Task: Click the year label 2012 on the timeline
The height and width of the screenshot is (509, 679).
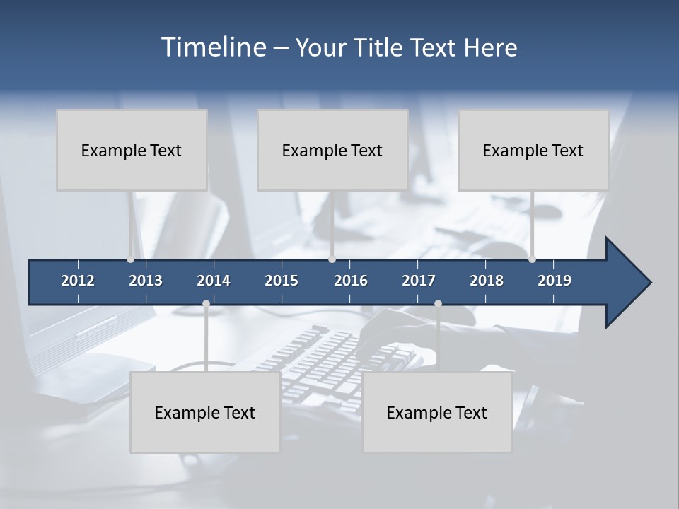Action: click(x=78, y=281)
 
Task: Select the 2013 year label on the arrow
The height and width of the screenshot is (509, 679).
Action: click(x=146, y=281)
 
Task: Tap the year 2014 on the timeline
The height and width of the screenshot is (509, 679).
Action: click(x=214, y=281)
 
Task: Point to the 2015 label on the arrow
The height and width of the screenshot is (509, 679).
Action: click(x=282, y=281)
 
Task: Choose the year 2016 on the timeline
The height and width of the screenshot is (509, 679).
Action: click(x=351, y=281)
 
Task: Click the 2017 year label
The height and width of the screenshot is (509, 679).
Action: click(x=419, y=281)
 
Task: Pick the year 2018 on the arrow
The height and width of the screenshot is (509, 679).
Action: click(x=487, y=281)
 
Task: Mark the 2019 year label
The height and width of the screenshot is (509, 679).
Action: click(x=555, y=281)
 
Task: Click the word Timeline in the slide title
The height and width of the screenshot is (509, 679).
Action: click(x=213, y=47)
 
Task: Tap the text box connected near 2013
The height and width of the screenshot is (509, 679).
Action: click(x=132, y=150)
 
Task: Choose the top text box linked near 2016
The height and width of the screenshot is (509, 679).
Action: click(x=332, y=150)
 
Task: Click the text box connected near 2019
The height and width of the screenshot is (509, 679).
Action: click(x=533, y=150)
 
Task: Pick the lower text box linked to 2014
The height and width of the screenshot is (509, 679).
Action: click(x=205, y=412)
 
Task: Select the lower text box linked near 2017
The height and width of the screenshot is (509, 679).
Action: click(x=437, y=412)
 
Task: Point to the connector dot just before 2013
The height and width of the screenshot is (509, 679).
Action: click(x=131, y=259)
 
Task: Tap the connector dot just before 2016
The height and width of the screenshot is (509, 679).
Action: click(x=332, y=259)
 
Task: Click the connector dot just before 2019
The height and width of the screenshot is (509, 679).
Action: click(x=532, y=259)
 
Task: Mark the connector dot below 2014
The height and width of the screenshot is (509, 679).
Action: click(x=206, y=304)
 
